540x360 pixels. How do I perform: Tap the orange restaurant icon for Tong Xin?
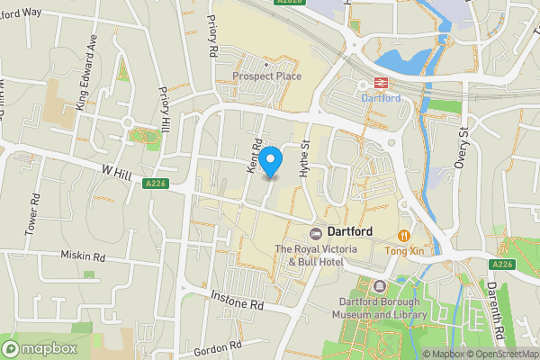(404, 235)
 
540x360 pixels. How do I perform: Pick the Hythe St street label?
(304, 155)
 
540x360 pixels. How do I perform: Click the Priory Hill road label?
(164, 106)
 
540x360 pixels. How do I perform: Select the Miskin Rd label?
(83, 256)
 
